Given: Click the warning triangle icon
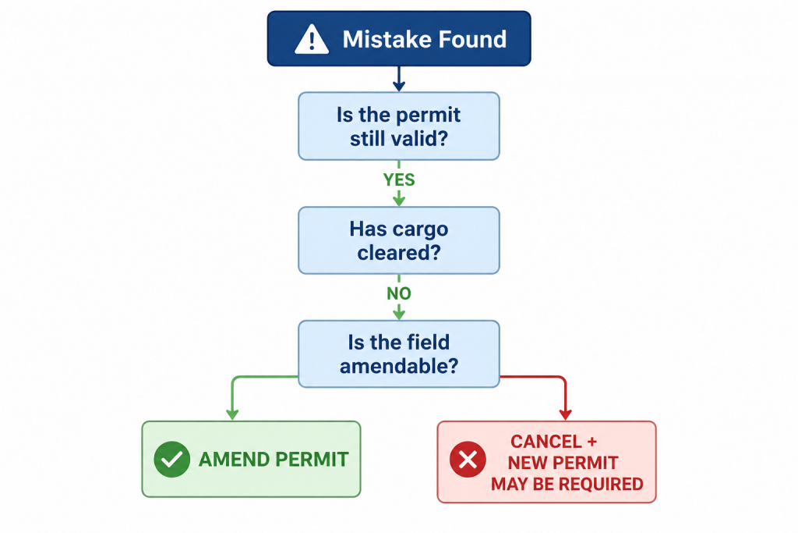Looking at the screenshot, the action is [312, 39].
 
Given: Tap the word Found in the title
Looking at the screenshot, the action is [473, 39].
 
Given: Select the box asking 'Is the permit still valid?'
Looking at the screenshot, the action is [399, 126].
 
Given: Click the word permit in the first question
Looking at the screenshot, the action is [428, 115].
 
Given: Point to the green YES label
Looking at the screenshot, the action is [399, 179].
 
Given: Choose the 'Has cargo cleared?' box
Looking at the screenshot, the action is [399, 240].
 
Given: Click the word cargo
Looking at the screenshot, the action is [423, 230].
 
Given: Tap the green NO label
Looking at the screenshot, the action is [399, 293].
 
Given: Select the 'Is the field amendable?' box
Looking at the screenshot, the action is [399, 354].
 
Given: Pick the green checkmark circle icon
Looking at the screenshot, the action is [172, 459].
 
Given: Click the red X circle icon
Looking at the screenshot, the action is [468, 459].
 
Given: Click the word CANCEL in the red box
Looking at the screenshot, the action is [546, 441].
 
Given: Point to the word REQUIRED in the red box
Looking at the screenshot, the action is [601, 484].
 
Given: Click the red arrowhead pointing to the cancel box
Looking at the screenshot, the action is [566, 414].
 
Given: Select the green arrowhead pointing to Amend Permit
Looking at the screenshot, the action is [232, 414].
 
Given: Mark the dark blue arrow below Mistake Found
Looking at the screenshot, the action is [399, 79].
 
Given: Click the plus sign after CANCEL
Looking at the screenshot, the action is [591, 442].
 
